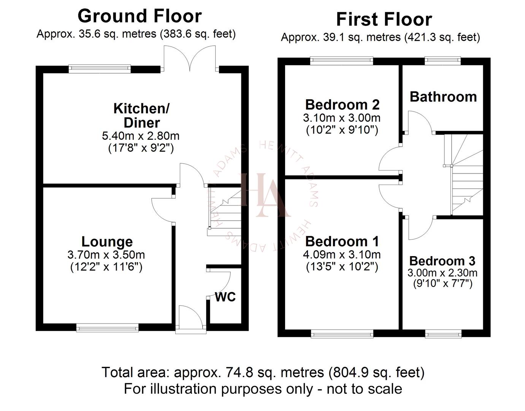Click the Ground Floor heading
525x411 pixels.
[140, 16]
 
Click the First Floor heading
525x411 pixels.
[384, 19]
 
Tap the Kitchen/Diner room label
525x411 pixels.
[141, 116]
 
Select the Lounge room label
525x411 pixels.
[107, 242]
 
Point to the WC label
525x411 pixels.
[225, 297]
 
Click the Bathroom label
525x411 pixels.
[443, 97]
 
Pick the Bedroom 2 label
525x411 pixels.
[342, 105]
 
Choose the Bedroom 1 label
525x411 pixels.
[342, 242]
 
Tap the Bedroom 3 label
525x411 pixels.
[442, 261]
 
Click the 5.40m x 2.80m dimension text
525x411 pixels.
[141, 136]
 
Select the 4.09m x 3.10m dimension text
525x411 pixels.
[342, 255]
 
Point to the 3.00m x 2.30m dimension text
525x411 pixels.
[442, 273]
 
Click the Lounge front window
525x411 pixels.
[108, 327]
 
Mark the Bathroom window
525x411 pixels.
[443, 60]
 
